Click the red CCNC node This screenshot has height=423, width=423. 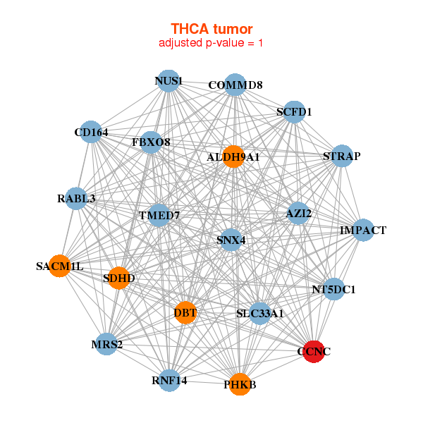pyautogui.click(x=314, y=352)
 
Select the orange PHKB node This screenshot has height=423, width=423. pyautogui.click(x=240, y=384)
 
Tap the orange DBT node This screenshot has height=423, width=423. pyautogui.click(x=185, y=312)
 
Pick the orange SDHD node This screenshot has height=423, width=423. pyautogui.click(x=118, y=278)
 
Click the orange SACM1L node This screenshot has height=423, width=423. pyautogui.click(x=60, y=266)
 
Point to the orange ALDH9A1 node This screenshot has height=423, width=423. pyautogui.click(x=233, y=157)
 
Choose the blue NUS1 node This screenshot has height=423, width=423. pyautogui.click(x=168, y=81)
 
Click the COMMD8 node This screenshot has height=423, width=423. pyautogui.click(x=235, y=85)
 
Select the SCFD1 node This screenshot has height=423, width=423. pyautogui.click(x=294, y=112)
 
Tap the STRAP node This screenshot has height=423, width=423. pyautogui.click(x=342, y=156)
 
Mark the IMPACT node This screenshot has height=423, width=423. pyautogui.click(x=363, y=230)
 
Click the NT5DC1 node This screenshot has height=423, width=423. pyautogui.click(x=334, y=289)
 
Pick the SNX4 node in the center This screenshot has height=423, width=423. pyautogui.click(x=231, y=240)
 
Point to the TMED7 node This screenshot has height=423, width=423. pyautogui.click(x=159, y=215)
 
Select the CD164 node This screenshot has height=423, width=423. pyautogui.click(x=91, y=132)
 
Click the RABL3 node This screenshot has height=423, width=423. pyautogui.click(x=76, y=199)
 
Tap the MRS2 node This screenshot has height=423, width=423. pyautogui.click(x=107, y=344)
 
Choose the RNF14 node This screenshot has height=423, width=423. pyautogui.click(x=169, y=381)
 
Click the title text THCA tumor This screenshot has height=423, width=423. pyautogui.click(x=211, y=29)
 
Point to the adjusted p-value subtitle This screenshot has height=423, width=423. pyautogui.click(x=211, y=43)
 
